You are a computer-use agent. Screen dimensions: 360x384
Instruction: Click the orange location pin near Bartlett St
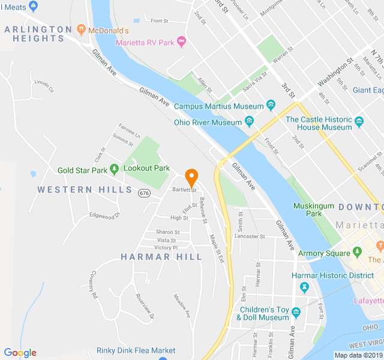point(191,178)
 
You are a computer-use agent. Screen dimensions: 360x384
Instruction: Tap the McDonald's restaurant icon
point(81,29)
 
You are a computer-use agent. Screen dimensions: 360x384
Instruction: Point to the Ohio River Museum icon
point(249,122)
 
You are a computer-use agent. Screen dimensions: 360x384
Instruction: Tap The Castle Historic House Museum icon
point(359,122)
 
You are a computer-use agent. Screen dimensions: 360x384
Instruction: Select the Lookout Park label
point(146,169)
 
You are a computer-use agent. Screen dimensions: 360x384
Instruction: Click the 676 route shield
point(144,193)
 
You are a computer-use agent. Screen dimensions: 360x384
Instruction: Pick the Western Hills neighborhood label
point(85,190)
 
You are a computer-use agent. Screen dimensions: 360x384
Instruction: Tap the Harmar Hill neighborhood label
point(161,257)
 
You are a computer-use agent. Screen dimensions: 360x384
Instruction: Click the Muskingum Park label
point(307,209)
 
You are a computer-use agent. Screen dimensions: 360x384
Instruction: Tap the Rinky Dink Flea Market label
point(136,350)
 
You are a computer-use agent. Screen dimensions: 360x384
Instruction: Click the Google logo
point(20,353)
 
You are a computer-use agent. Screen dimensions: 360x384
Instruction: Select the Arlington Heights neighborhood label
point(38,34)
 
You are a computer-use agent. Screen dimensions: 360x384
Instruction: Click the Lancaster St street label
point(250,236)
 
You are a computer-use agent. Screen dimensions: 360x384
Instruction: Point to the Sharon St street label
point(168,232)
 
